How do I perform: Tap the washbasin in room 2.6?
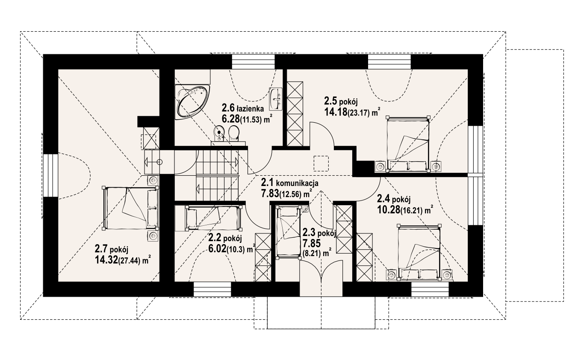[276, 99]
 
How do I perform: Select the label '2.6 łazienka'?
[243, 107]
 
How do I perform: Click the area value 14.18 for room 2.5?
[336, 112]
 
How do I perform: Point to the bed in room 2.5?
[408, 144]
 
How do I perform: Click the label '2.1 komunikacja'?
[289, 183]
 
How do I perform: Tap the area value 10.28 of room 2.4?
[389, 210]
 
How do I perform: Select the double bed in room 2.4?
[419, 252]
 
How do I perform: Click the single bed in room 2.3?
[288, 232]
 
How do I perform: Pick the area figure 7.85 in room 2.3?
[311, 243]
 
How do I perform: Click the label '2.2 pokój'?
[225, 238]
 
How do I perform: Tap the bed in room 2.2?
[213, 218]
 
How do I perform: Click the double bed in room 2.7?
[131, 208]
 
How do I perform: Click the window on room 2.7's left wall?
[50, 175]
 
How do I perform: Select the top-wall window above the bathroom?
[254, 62]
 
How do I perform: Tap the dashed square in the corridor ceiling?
[321, 163]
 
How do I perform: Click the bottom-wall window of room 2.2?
[212, 289]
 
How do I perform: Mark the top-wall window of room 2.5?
[389, 62]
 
